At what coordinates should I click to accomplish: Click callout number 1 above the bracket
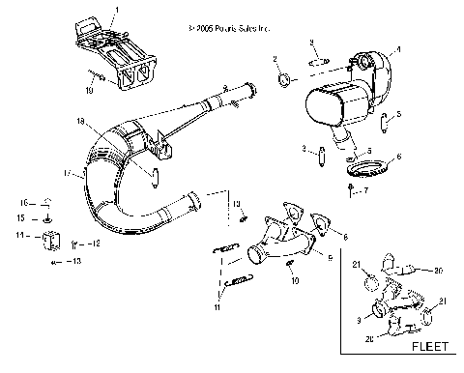[116, 8]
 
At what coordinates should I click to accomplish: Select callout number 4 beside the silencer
[399, 47]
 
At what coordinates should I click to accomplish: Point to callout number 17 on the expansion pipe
[67, 174]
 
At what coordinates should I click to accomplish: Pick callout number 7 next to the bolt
[365, 191]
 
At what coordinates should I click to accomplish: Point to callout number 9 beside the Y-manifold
[331, 258]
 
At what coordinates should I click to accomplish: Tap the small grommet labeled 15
[46, 219]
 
